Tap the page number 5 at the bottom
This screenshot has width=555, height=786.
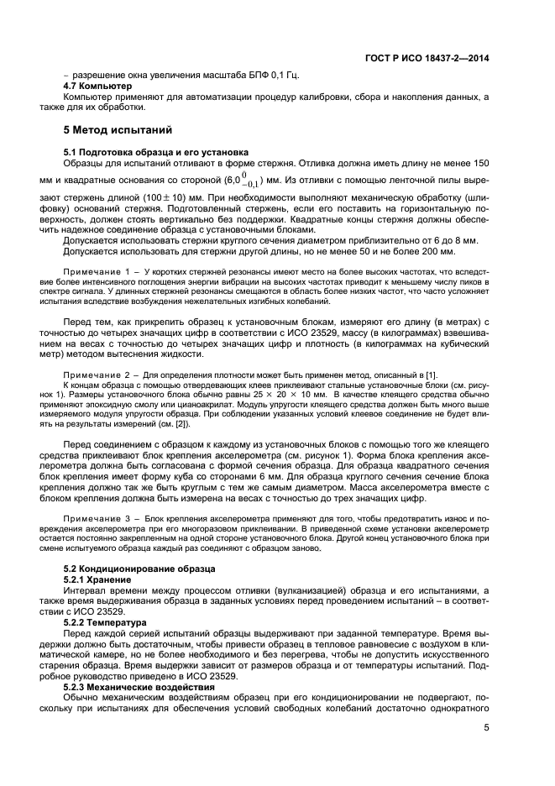click(x=486, y=728)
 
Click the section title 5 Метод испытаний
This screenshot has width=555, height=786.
click(x=118, y=130)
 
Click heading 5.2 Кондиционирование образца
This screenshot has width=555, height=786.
click(x=128, y=569)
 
